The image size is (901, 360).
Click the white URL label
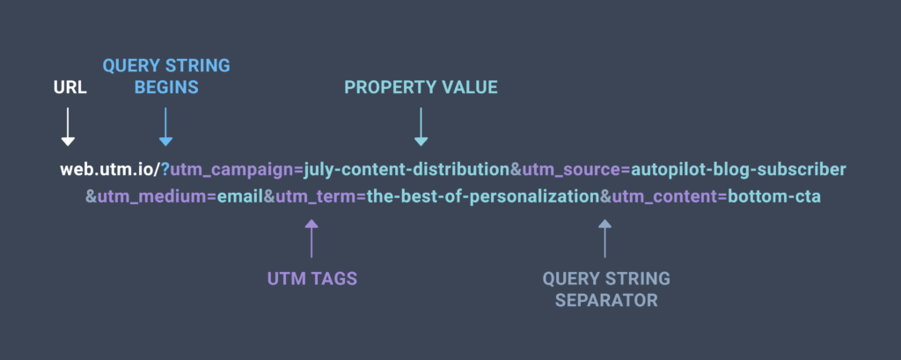[x=70, y=87]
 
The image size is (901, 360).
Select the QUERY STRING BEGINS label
[x=166, y=77]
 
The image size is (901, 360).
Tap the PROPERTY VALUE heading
[x=421, y=87]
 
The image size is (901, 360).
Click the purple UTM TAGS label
[x=312, y=279]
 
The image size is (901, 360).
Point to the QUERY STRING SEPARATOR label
[x=606, y=290]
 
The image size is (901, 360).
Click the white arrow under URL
[x=68, y=127]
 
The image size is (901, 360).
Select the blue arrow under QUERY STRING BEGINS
[x=165, y=127]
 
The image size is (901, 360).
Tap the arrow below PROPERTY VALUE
[x=421, y=127]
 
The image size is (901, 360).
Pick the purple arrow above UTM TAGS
[x=311, y=238]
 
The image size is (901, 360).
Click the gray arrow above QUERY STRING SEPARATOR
[x=604, y=238]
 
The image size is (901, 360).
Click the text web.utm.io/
[x=109, y=170]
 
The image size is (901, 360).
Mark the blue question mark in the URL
[x=165, y=170]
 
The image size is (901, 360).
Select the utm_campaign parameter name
[x=232, y=171]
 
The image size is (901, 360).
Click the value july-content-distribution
[x=407, y=170]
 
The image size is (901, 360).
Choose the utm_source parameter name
[x=571, y=171]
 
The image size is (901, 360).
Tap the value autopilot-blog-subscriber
[x=738, y=170]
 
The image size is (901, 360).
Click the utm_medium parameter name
[x=152, y=197]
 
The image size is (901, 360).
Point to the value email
[x=240, y=196]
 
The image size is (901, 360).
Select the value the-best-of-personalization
[x=483, y=197]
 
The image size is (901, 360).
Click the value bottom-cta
[x=774, y=196]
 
